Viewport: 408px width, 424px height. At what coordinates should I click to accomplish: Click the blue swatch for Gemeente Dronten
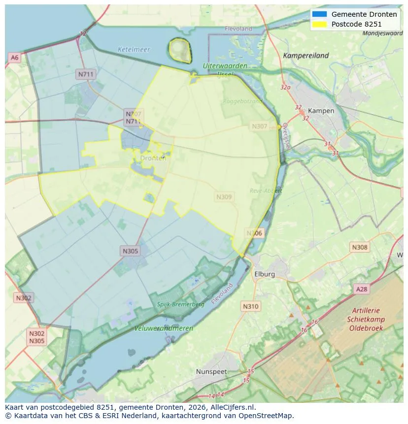point(319,14)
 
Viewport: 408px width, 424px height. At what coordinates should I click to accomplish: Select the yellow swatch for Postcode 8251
point(319,24)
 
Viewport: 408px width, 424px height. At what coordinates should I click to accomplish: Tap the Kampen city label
point(321,111)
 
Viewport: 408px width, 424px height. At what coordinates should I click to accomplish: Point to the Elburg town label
point(265,274)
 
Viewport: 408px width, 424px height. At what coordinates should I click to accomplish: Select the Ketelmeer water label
point(134,50)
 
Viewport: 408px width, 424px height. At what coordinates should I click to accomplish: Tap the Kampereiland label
point(306,56)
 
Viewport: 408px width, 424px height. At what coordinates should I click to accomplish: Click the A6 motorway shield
point(14,58)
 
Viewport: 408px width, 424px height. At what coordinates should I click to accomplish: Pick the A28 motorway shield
point(361,289)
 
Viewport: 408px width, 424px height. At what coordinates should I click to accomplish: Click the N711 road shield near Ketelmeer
point(86,74)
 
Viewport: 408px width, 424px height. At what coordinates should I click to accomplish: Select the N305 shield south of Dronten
point(130,251)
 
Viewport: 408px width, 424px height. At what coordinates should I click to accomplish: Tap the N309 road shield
point(224,197)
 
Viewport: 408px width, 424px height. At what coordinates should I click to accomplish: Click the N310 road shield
point(250,306)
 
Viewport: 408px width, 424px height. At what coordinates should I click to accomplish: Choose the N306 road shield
point(255,233)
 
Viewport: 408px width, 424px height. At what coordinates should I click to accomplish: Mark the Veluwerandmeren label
point(164,328)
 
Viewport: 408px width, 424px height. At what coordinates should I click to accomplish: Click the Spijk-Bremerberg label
point(180,304)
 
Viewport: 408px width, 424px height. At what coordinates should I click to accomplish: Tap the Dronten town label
point(153,158)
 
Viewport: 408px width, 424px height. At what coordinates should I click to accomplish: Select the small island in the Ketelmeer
point(180,50)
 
